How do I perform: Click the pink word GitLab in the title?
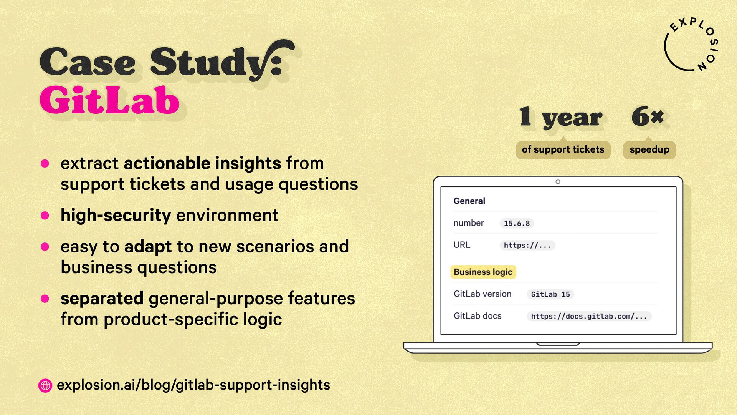[109, 100]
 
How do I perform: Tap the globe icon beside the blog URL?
[45, 385]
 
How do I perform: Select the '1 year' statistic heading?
[561, 117]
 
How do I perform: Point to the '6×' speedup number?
[648, 116]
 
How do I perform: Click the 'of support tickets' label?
[563, 149]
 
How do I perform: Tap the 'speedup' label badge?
[649, 149]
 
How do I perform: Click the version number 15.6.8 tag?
[517, 223]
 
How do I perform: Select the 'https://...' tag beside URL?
[527, 245]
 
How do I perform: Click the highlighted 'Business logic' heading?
[483, 272]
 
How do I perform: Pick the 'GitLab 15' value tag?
[550, 294]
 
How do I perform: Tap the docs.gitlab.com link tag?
[589, 316]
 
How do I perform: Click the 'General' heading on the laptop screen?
[469, 201]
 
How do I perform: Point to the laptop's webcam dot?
[558, 182]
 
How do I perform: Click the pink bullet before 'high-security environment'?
[45, 215]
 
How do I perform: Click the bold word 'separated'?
[102, 299]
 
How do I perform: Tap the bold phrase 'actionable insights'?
[202, 164]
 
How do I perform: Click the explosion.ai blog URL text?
[193, 385]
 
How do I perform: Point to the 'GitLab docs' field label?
[478, 316]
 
